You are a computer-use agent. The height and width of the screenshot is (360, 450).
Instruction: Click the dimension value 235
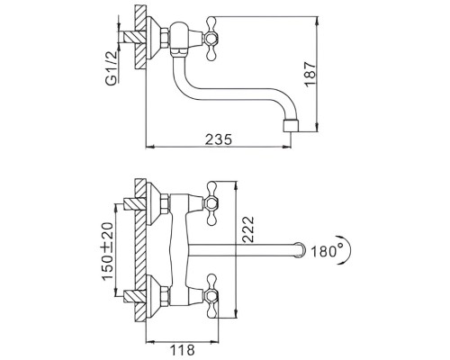tap(219, 139)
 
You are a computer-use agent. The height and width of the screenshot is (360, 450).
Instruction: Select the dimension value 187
tap(310, 75)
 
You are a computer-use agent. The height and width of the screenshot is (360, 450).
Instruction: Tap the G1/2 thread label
tap(112, 67)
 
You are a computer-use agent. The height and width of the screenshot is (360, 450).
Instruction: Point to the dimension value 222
tap(247, 229)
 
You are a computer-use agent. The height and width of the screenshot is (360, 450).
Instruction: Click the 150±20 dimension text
tap(107, 251)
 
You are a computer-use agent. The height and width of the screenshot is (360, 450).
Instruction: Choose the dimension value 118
tap(183, 350)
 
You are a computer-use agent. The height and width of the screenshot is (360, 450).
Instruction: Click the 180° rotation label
tap(327, 251)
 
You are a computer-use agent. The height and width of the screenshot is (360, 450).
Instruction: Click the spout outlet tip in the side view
tap(291, 126)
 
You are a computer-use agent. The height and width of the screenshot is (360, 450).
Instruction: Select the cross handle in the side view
tap(210, 39)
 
